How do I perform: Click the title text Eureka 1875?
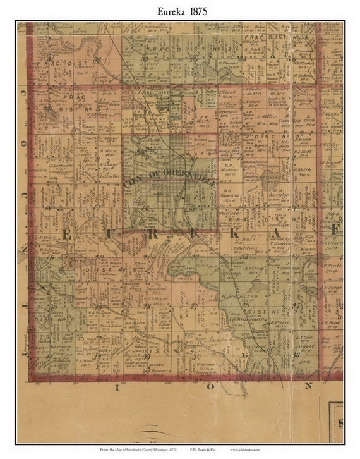pos(180,11)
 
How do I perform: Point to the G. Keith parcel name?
pos(303,170)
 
